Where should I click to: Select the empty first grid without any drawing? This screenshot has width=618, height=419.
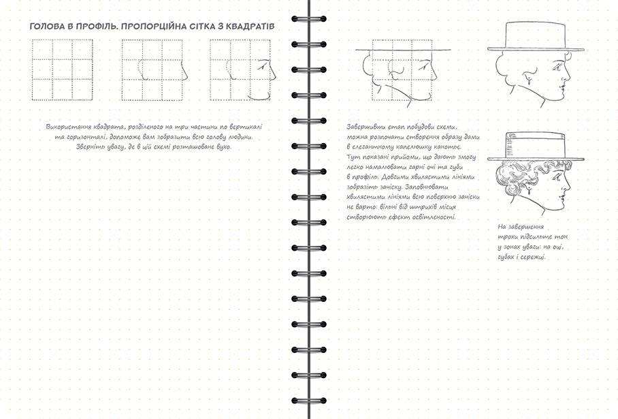[62, 69]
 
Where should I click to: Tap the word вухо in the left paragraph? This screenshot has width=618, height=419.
[224, 146]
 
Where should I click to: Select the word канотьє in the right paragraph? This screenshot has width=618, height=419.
[447, 147]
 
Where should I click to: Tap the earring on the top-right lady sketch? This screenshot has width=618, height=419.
[530, 84]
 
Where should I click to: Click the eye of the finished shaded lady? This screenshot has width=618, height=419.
[557, 178]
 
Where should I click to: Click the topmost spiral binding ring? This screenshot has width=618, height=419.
[309, 19]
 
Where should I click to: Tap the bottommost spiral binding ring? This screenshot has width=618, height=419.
[309, 401]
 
